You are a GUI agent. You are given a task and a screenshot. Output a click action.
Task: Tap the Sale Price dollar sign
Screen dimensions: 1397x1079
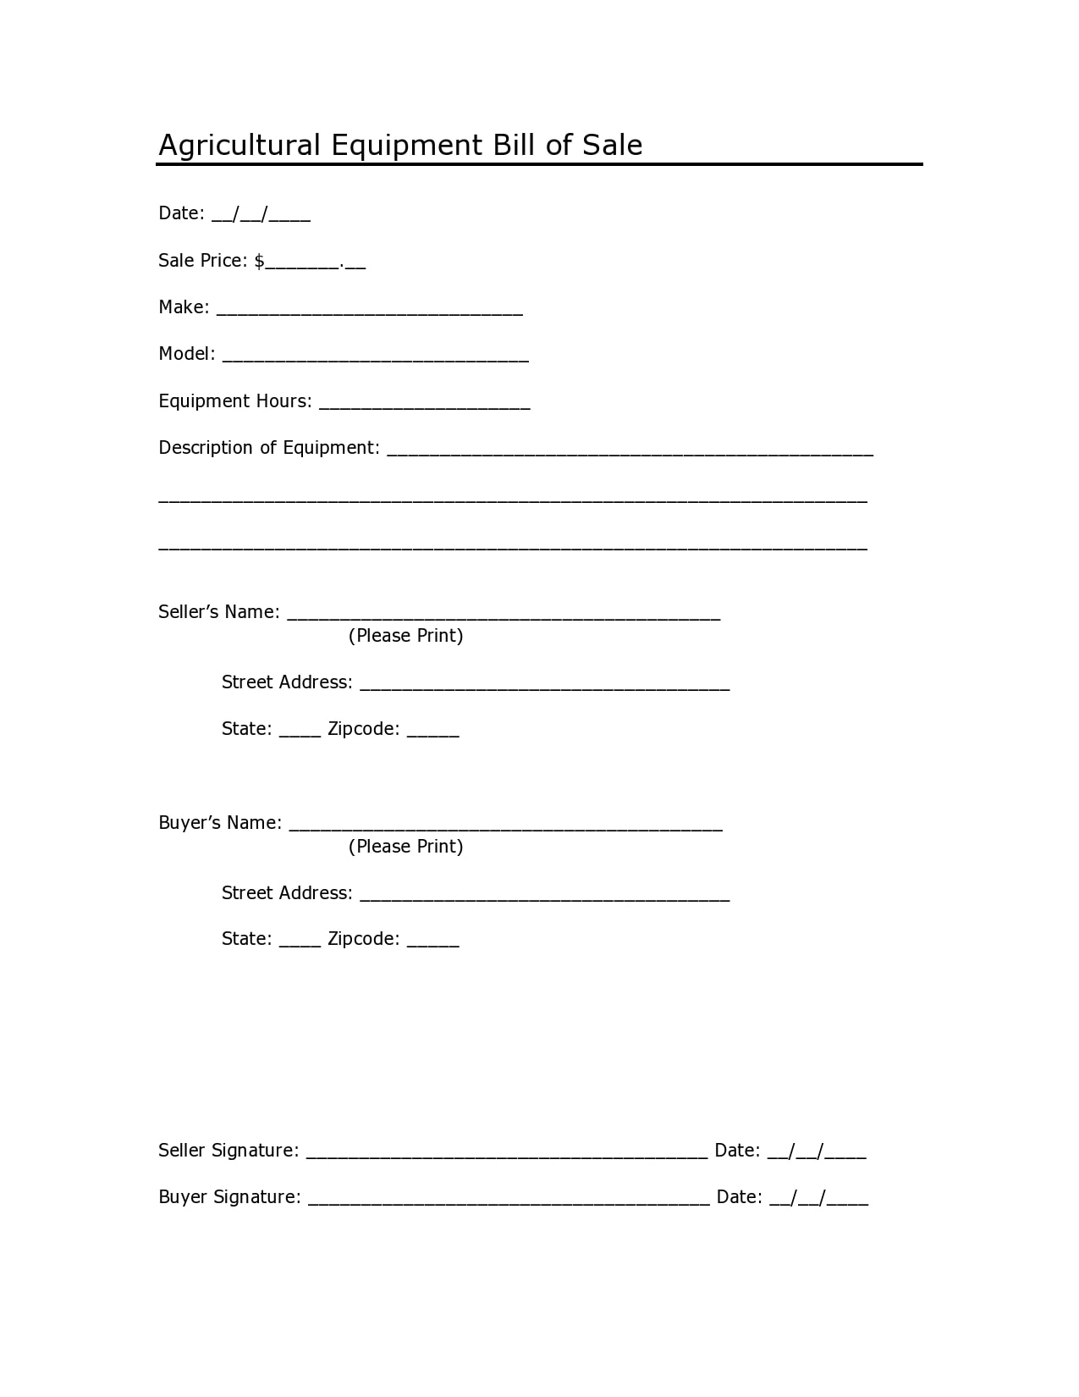tap(259, 261)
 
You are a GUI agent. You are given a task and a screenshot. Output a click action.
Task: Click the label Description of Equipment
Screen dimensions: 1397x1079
tap(268, 448)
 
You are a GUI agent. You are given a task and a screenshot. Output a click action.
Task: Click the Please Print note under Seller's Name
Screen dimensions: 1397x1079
tap(405, 636)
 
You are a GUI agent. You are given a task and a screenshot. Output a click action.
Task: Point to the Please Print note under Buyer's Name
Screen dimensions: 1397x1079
tap(405, 847)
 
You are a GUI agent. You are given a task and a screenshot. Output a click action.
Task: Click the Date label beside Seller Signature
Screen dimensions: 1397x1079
tap(737, 1151)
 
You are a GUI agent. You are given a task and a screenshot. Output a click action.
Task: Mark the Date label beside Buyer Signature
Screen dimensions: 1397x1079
tap(739, 1197)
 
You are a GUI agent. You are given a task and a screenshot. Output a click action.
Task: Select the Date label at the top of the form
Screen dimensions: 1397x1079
tap(181, 213)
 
